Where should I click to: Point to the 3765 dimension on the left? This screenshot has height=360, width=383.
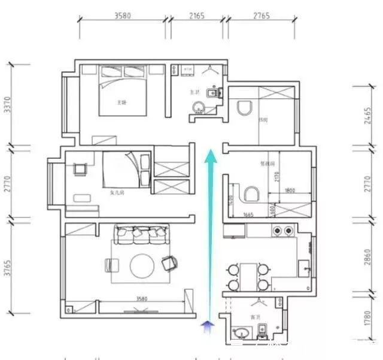tap(7, 266)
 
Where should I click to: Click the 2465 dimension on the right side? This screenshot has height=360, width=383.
tap(375, 116)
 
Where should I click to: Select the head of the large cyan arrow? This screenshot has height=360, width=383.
tap(210, 157)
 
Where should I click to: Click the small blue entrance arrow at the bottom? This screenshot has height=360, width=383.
tap(208, 325)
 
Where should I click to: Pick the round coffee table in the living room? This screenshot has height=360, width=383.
tap(142, 265)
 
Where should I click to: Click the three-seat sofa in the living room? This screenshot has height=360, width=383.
tap(139, 236)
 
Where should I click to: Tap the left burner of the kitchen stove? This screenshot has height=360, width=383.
tap(277, 229)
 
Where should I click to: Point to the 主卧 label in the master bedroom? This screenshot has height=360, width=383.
tap(122, 102)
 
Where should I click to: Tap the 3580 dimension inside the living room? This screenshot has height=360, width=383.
tap(141, 298)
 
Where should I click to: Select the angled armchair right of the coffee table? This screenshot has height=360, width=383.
tap(170, 262)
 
